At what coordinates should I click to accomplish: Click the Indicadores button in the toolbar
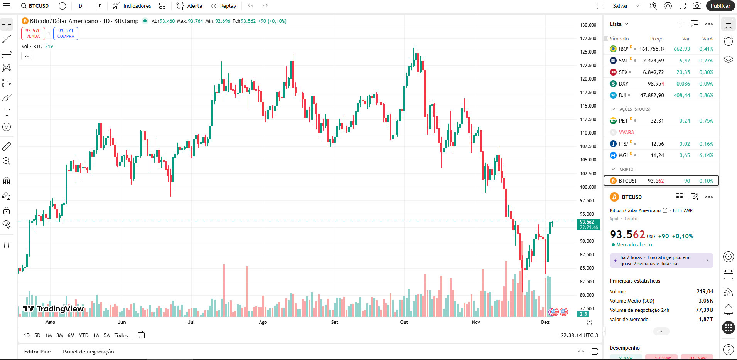tap(132, 6)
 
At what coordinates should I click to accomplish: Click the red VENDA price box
tap(33, 34)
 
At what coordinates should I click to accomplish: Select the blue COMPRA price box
tap(66, 34)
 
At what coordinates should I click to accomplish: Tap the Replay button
tap(223, 6)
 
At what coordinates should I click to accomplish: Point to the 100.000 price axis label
tap(588, 187)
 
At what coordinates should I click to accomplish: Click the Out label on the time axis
tap(404, 322)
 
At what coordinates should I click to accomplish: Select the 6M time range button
tap(71, 335)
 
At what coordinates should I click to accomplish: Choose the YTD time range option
tap(83, 335)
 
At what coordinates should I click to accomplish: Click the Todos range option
tap(121, 335)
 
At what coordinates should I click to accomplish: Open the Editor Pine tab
tap(37, 352)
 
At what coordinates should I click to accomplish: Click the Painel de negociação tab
tap(88, 352)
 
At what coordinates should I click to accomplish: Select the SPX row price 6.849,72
tap(653, 72)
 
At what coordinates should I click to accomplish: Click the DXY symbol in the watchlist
tap(623, 84)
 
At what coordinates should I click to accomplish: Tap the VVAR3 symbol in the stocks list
tap(626, 132)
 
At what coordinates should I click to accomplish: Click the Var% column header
tap(707, 39)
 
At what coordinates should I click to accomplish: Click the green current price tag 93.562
tap(588, 224)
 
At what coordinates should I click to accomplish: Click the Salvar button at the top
tap(620, 6)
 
